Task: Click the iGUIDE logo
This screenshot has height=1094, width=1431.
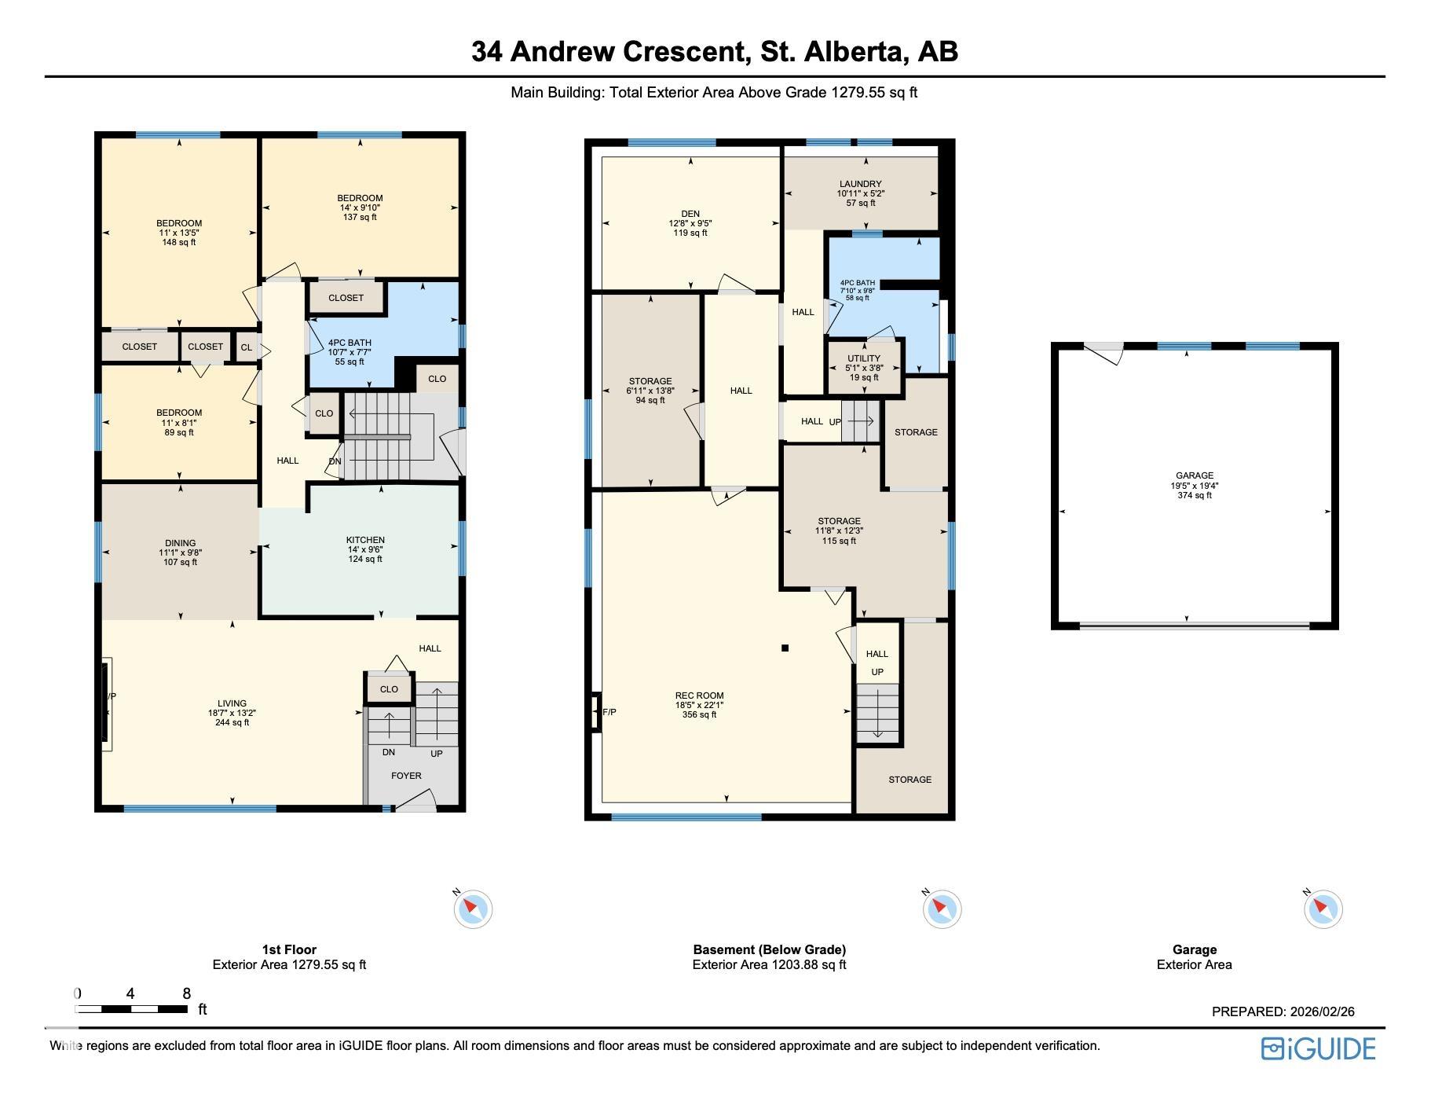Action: coord(1318,1049)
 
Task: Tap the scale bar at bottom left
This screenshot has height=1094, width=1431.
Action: coord(131,1009)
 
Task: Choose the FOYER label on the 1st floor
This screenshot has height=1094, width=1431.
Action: coord(406,776)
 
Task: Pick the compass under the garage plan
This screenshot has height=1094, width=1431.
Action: coord(1323,909)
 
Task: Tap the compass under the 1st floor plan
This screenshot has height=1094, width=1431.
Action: coord(472,909)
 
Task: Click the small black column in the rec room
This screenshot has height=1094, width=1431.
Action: coord(785,648)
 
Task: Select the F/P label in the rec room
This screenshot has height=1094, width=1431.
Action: coord(609,712)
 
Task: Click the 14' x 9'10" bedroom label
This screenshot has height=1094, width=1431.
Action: coord(360,207)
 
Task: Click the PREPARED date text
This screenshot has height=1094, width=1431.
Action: coord(1283,1011)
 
